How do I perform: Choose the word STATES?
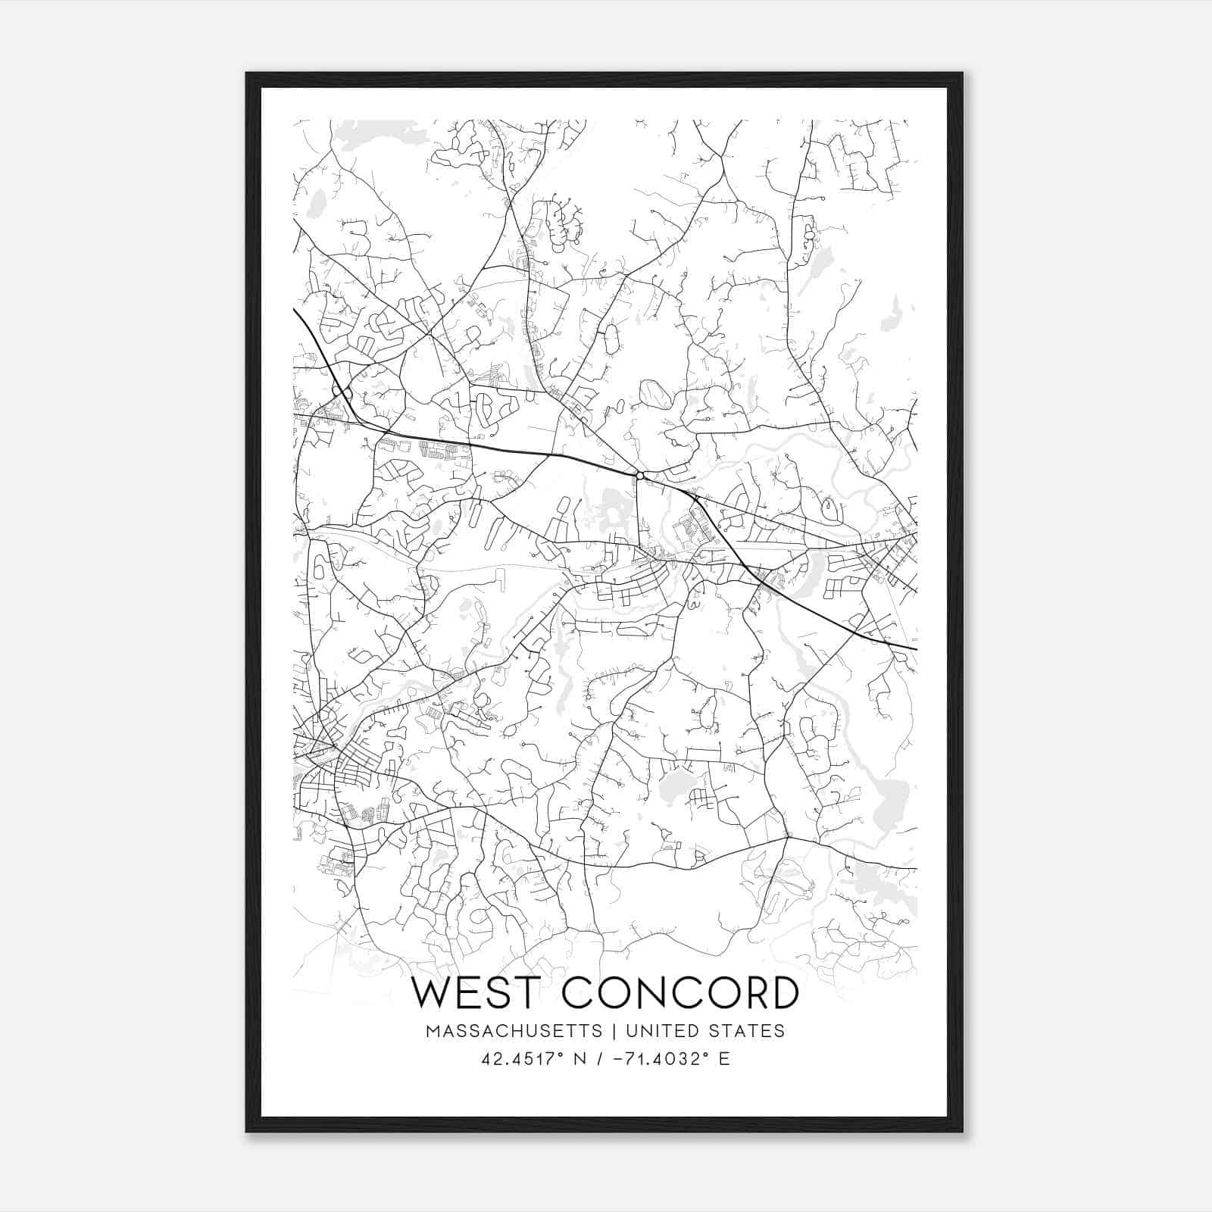click(746, 1031)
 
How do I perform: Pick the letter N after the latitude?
click(581, 1059)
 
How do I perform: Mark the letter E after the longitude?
click(724, 1059)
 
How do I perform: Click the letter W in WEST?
click(432, 994)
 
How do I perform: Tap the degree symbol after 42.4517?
click(563, 1054)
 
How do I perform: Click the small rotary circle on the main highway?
click(640, 476)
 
